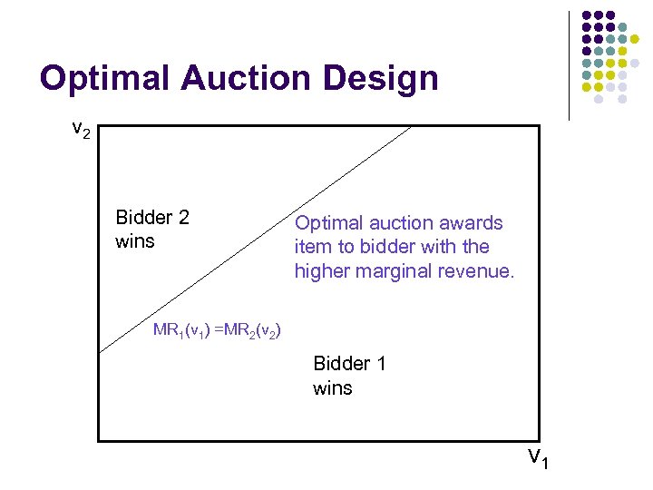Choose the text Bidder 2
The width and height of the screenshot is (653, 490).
point(152,218)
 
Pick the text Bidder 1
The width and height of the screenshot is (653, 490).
point(349,364)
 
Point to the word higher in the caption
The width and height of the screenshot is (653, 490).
point(321,270)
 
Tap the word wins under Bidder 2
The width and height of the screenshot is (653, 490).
point(135,241)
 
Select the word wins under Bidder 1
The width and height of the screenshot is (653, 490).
point(332,388)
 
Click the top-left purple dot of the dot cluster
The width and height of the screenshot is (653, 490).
point(587,15)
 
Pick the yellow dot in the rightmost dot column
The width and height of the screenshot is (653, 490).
point(635,40)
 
